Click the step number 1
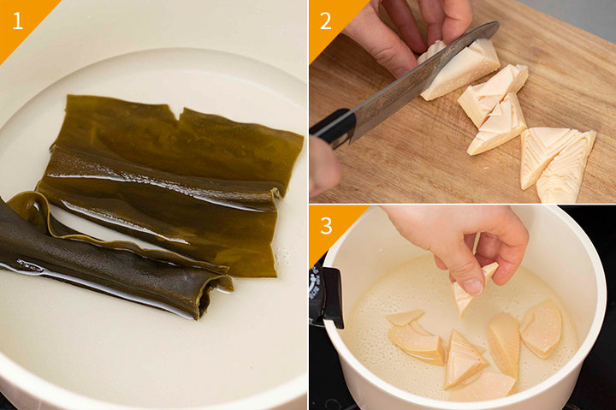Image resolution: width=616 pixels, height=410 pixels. tap(17, 21)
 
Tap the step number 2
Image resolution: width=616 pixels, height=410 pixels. tap(325, 21)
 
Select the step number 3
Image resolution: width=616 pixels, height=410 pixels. tap(326, 226)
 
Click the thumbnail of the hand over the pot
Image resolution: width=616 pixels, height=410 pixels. tap(473, 287)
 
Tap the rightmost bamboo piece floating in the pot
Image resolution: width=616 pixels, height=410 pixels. tap(542, 329)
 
